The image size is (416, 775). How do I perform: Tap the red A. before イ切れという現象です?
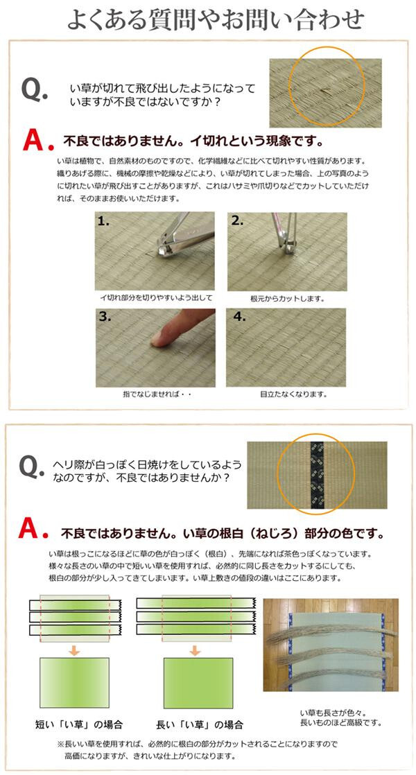(x=37, y=141)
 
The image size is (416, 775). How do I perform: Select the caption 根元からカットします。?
(x=287, y=299)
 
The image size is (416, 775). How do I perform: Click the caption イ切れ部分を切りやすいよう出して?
(x=156, y=297)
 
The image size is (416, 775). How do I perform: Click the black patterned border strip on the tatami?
(x=316, y=475)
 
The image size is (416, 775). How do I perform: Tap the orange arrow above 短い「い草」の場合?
(x=73, y=650)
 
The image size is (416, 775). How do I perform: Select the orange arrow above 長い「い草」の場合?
(x=195, y=650)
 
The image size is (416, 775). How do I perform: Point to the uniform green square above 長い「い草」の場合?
(x=198, y=683)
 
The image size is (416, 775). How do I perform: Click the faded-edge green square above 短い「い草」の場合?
(x=74, y=683)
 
